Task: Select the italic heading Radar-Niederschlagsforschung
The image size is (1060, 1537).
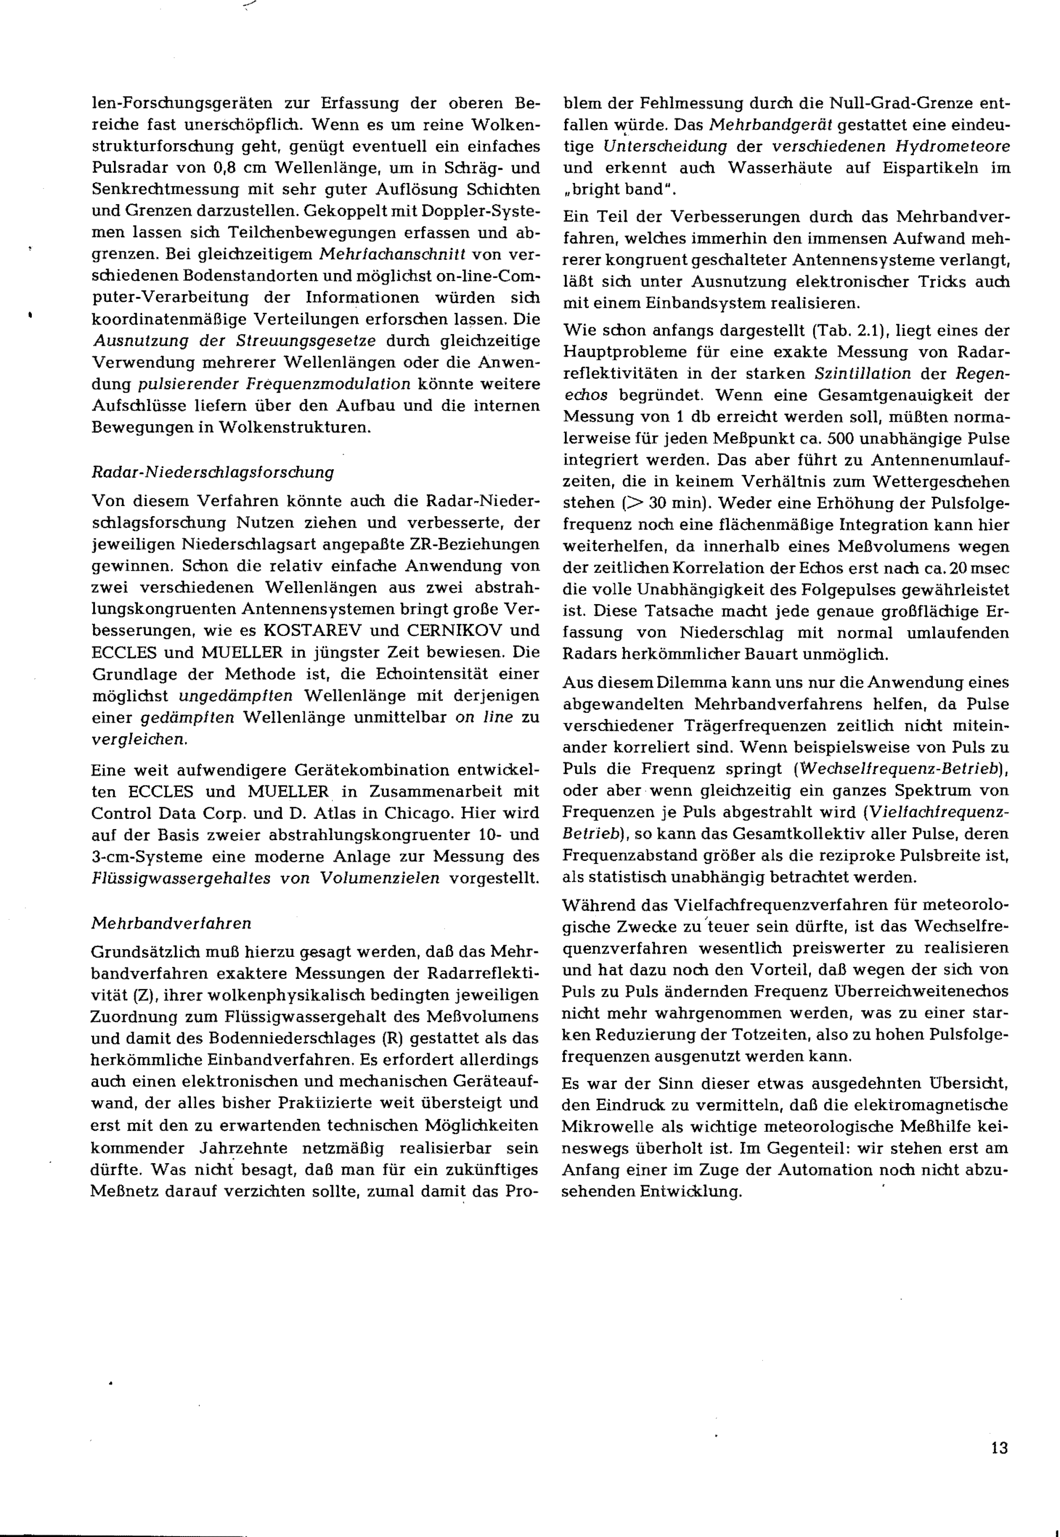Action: tap(213, 473)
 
